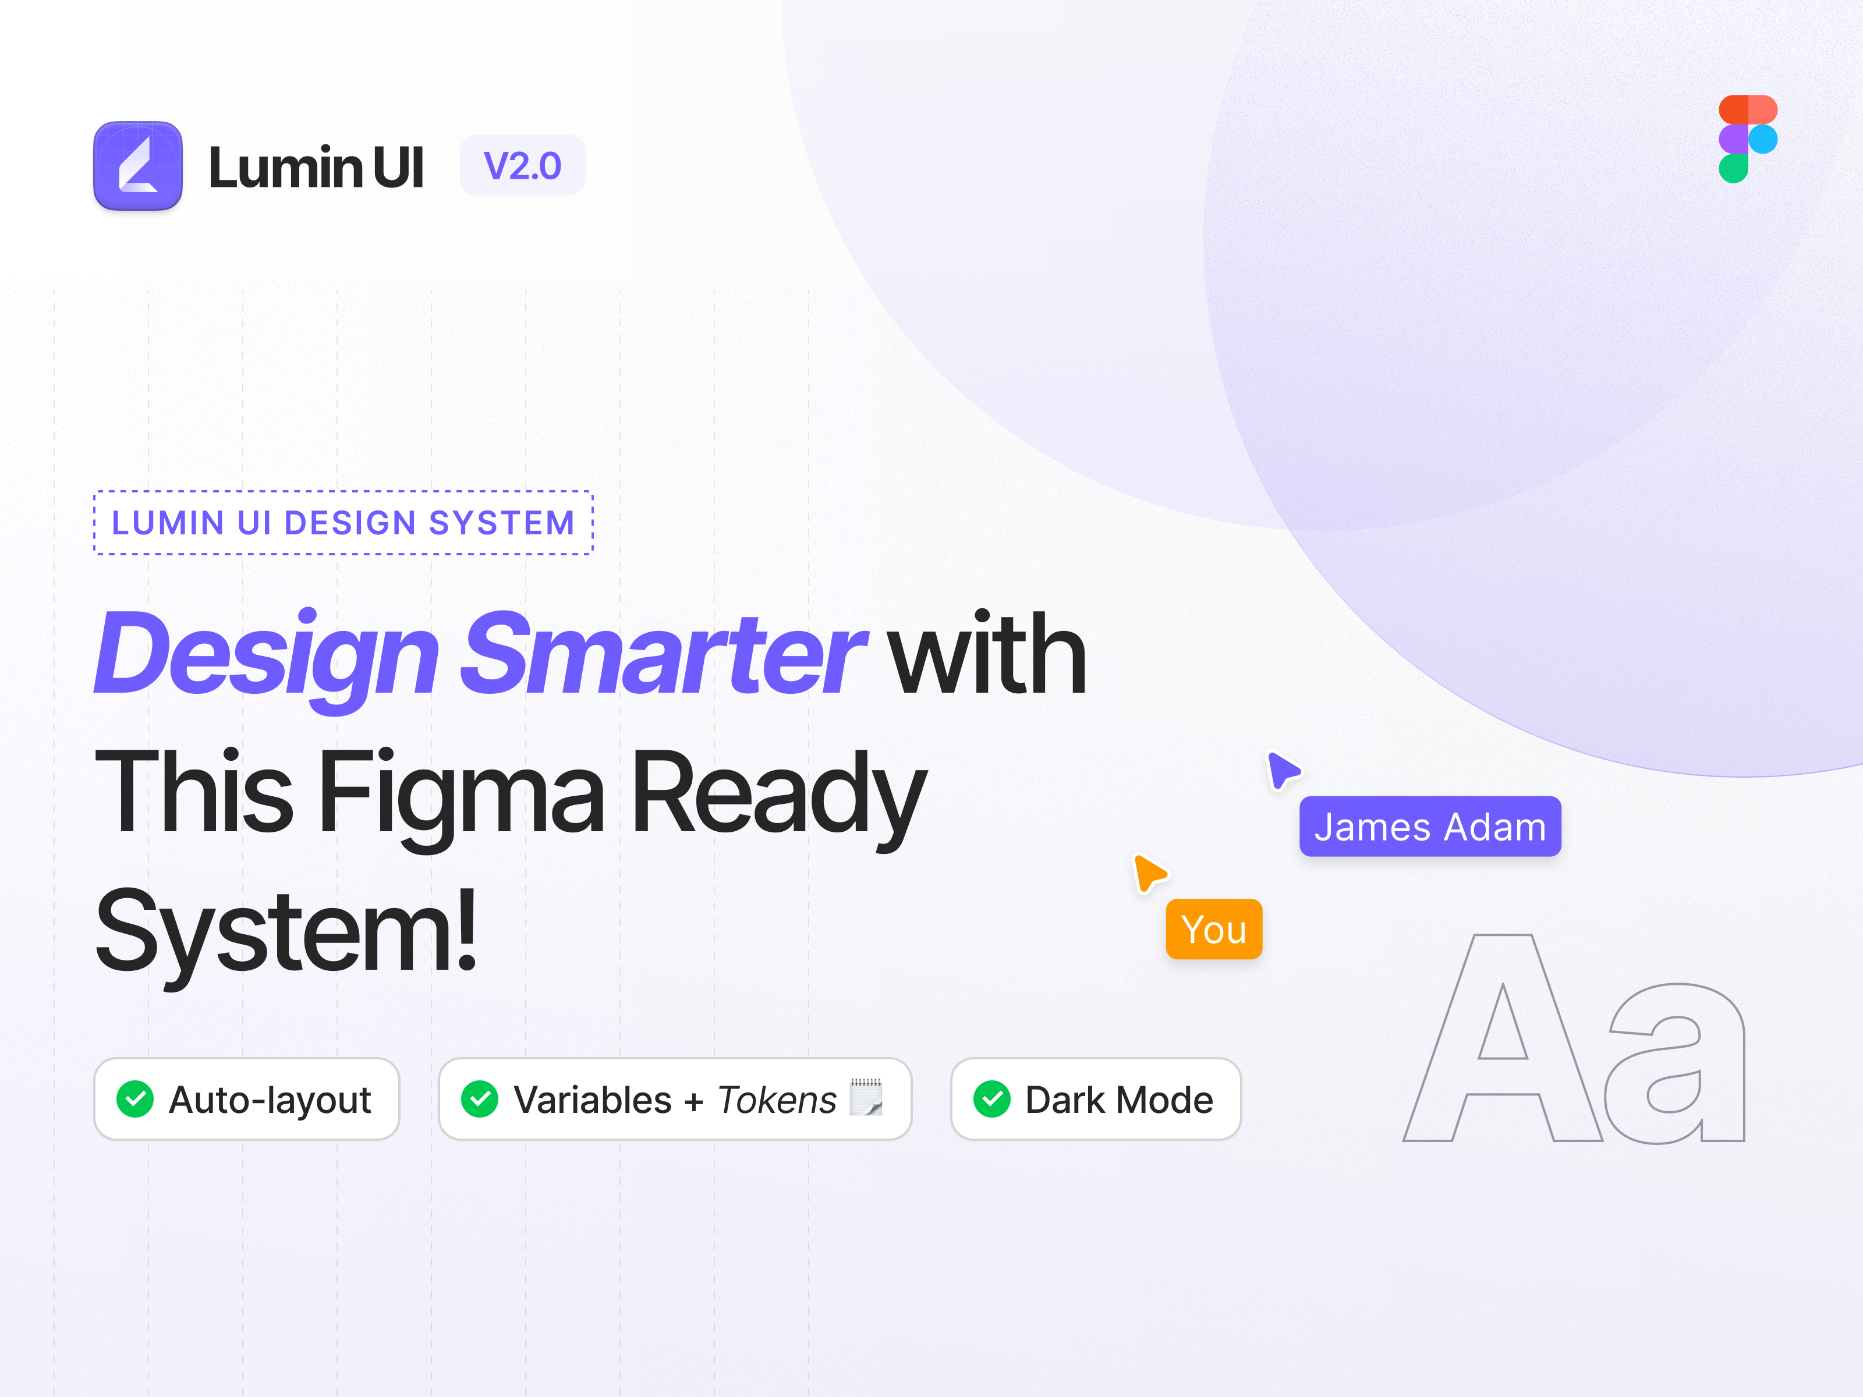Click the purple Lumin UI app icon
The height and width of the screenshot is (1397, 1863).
138,165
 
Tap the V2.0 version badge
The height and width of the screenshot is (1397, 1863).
522,165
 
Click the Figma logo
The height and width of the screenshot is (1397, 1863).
1748,139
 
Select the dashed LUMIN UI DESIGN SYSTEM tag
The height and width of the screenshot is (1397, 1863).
343,522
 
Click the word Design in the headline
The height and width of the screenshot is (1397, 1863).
267,657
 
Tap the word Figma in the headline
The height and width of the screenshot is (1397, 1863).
462,796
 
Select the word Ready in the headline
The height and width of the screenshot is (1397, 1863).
779,796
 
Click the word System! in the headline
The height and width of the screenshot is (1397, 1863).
286,934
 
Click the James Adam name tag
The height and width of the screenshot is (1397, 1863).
1430,826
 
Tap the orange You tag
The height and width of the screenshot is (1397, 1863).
1214,929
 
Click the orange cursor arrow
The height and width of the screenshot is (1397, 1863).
1149,873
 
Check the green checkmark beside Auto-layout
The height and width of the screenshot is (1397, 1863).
134,1099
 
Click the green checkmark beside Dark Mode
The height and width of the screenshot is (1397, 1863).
992,1099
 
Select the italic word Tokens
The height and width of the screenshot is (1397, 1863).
777,1100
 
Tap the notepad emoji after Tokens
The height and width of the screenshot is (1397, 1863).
866,1097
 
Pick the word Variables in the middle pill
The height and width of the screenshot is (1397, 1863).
592,1100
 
